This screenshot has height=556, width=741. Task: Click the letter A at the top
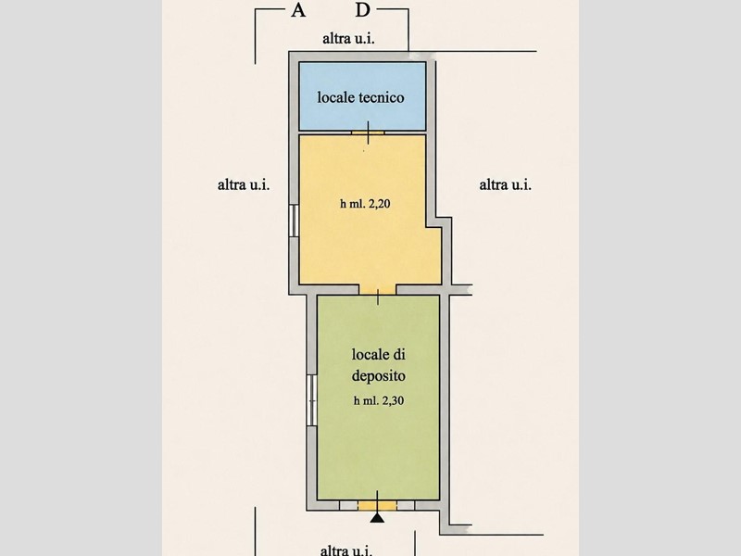297,9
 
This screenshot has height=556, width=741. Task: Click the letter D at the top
362,9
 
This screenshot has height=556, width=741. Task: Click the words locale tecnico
360,97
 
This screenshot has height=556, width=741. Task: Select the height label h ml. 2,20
365,204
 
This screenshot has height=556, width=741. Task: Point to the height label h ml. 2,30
379,400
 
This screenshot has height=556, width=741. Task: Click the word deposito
379,376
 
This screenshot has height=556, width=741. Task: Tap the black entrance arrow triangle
377,518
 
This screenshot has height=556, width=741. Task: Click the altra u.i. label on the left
244,184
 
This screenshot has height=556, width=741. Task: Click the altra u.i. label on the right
505,184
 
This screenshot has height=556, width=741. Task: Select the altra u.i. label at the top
348,38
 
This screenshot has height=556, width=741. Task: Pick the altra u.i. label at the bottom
345,550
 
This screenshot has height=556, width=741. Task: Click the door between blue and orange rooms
368,133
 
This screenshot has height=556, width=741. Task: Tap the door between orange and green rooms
378,290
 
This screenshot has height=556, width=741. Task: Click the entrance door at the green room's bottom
377,505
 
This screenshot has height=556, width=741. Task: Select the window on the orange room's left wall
294,221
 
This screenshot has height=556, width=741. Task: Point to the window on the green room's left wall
311,400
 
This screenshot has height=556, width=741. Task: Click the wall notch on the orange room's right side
439,222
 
